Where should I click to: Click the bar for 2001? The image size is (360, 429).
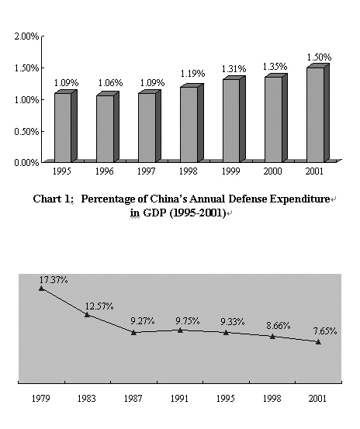[318, 113]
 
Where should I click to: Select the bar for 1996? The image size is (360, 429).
[108, 127]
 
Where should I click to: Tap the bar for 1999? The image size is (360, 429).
[234, 119]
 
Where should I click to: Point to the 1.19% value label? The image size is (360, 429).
[192, 74]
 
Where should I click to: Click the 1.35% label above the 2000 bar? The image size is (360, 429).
[275, 67]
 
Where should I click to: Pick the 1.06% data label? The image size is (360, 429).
[110, 83]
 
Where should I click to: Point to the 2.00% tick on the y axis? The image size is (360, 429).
[26, 36]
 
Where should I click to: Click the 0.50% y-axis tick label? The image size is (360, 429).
[26, 132]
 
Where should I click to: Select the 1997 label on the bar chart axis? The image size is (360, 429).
[147, 171]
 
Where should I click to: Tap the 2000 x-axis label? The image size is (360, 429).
[272, 171]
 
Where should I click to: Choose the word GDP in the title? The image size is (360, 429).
[155, 213]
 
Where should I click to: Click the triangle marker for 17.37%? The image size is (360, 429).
[42, 288]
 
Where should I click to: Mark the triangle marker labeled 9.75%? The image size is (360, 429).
[180, 330]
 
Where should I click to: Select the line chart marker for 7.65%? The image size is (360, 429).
[318, 342]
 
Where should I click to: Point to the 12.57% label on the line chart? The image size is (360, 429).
[99, 306]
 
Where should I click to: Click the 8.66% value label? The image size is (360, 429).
[279, 326]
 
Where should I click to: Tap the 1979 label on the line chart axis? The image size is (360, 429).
[41, 399]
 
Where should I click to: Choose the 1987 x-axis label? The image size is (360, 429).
[133, 399]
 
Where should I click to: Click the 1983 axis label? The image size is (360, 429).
[87, 399]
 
